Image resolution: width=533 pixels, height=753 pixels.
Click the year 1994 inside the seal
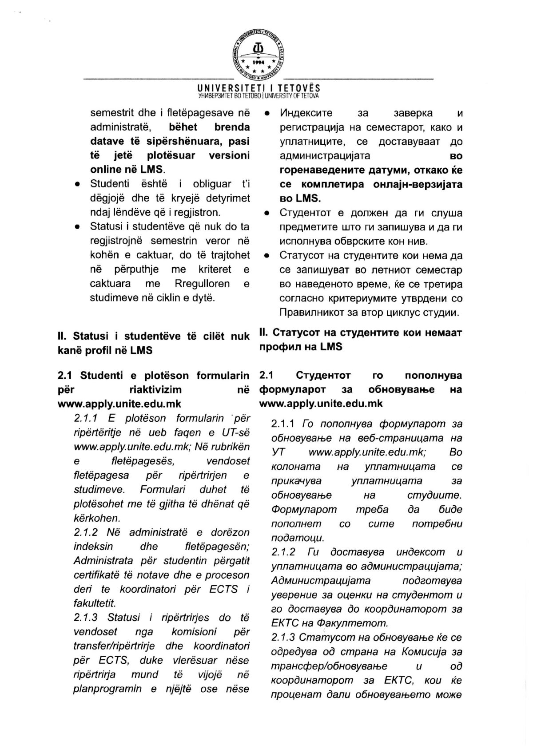click(x=259, y=63)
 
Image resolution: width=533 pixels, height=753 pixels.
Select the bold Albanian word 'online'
click(x=106, y=169)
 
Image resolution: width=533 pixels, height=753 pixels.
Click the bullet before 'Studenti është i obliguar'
click(x=77, y=184)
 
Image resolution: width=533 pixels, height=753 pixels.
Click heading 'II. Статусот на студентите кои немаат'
click(x=360, y=333)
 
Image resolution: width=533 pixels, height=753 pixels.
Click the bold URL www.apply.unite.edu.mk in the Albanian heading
click(x=119, y=404)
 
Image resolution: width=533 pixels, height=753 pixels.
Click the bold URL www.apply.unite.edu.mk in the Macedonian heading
click(x=321, y=404)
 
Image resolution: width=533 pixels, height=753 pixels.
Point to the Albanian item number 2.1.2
click(x=85, y=532)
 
